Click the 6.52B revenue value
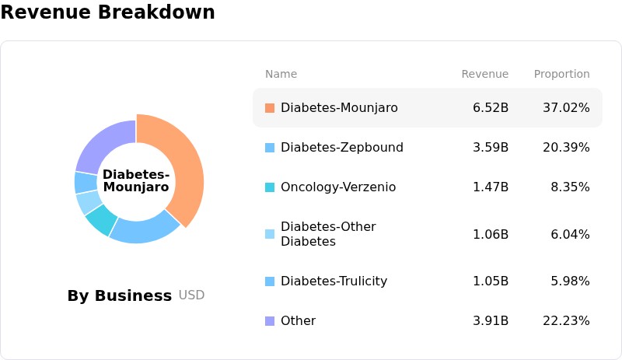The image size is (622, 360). click(491, 107)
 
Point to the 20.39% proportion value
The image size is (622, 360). click(566, 147)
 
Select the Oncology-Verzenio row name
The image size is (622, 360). click(338, 187)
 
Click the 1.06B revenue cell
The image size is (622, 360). click(491, 234)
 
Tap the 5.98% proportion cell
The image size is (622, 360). click(570, 281)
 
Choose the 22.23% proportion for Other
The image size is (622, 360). click(566, 320)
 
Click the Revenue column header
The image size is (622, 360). click(484, 74)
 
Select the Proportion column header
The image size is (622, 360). click(561, 74)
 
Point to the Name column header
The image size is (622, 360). click(281, 74)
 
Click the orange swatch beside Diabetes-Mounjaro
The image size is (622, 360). click(270, 108)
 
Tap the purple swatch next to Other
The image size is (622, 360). click(270, 321)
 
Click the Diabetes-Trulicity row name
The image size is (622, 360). click(334, 281)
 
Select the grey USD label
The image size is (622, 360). click(191, 295)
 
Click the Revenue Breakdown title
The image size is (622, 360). click(107, 12)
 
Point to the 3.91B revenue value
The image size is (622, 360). click(491, 320)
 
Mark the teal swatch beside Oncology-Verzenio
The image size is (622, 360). click(270, 187)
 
